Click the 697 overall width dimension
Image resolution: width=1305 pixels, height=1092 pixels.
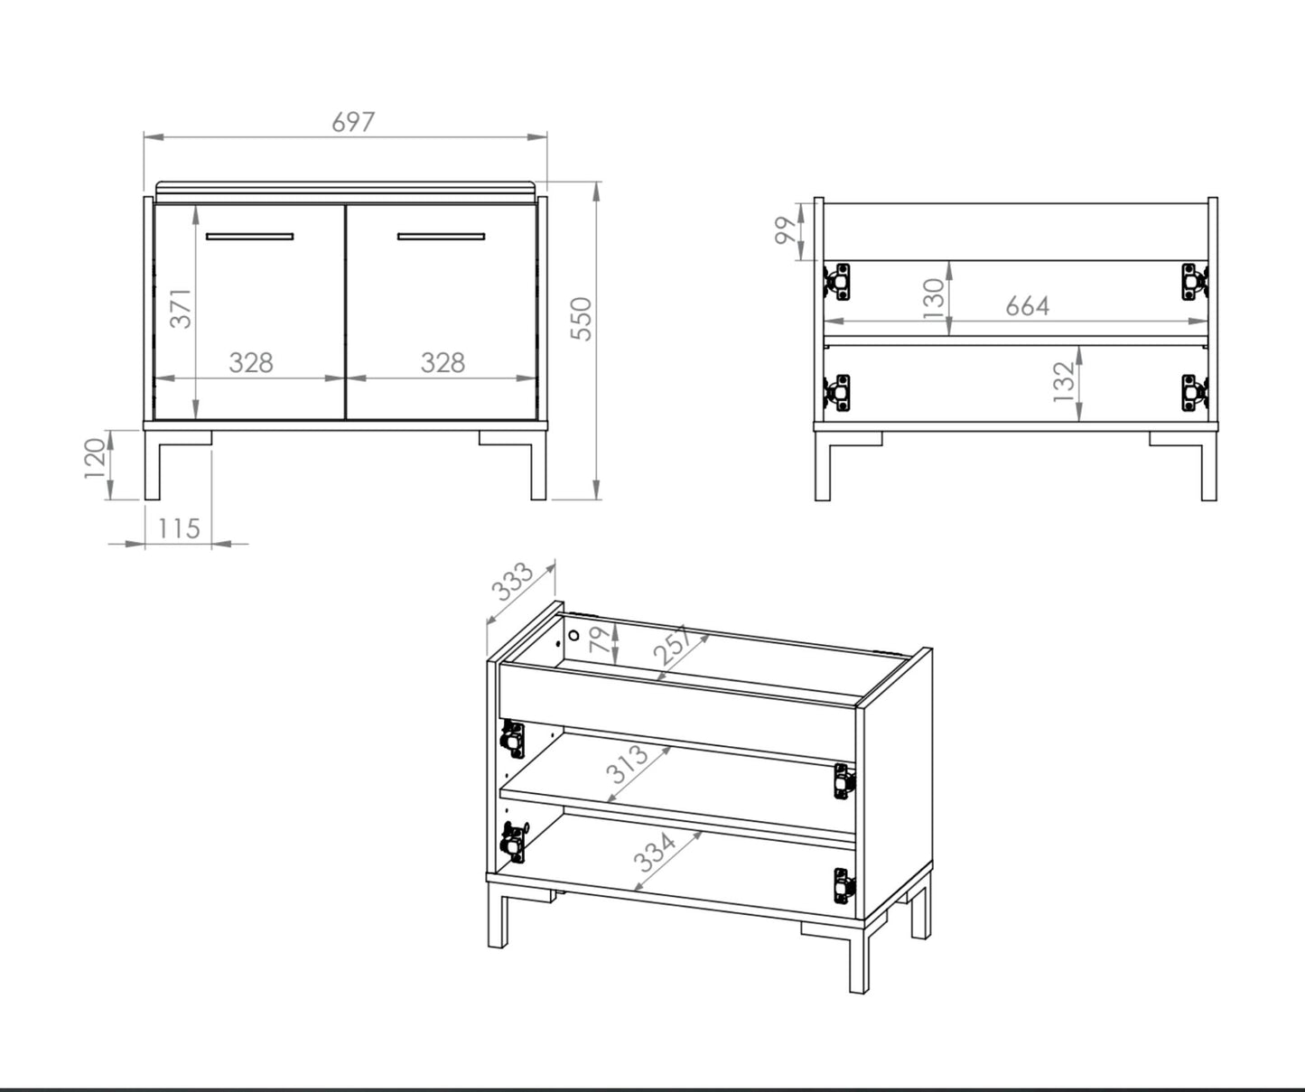(353, 122)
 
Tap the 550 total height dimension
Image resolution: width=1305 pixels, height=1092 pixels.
(582, 319)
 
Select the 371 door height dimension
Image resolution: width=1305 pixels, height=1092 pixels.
(182, 308)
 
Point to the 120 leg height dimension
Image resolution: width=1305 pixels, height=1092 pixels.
(95, 458)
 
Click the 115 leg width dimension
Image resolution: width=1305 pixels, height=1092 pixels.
(179, 528)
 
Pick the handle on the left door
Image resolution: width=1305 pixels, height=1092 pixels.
(249, 237)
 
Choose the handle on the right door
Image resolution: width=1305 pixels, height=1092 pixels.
(442, 237)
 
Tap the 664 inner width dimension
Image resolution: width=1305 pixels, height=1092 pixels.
(1028, 306)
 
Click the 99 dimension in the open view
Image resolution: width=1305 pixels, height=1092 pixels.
(787, 230)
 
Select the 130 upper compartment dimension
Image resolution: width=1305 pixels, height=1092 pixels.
(933, 298)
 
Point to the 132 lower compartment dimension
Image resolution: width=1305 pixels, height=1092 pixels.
(1063, 382)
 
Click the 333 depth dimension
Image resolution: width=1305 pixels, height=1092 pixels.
(511, 582)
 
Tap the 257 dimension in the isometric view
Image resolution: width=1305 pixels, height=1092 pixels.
(673, 644)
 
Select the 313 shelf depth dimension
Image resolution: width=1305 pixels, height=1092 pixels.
(627, 764)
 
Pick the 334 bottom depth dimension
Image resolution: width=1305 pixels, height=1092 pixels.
(655, 852)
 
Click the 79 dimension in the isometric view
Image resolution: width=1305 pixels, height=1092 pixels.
(600, 639)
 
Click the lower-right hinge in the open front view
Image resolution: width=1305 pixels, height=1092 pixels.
(1195, 393)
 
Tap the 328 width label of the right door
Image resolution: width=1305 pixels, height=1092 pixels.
(443, 362)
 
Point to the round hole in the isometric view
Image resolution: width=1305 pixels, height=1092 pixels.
(573, 636)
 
